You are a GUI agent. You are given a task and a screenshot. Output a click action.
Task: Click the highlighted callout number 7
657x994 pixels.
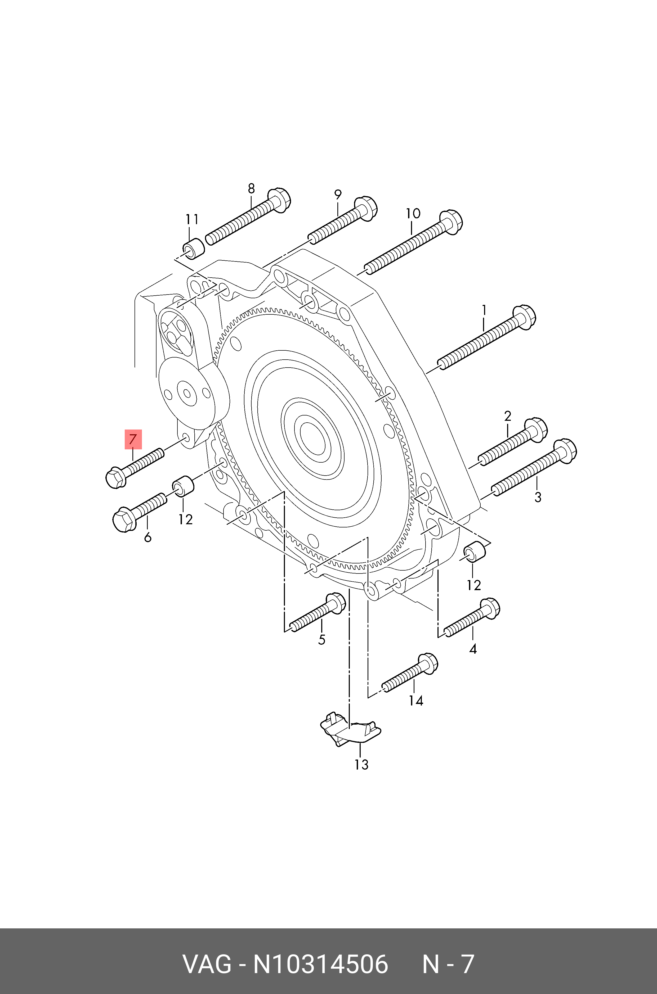coord(133,439)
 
